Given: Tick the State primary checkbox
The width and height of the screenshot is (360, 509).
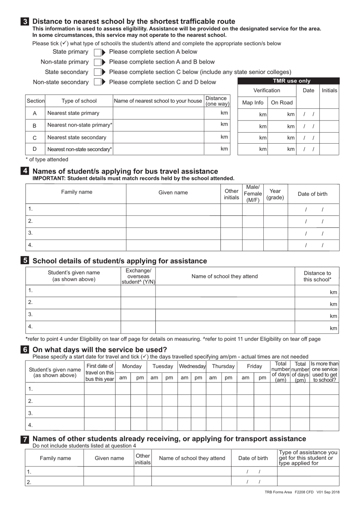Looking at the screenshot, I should tap(97, 52).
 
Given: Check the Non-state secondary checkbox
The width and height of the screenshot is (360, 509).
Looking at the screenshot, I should tap(97, 82).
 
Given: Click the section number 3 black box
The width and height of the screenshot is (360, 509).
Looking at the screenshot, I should tap(25, 22).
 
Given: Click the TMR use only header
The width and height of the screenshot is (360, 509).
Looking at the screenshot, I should tap(288, 81).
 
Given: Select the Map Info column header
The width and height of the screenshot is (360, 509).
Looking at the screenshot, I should tap(252, 103).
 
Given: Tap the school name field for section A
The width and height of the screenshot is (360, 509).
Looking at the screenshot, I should tap(158, 113).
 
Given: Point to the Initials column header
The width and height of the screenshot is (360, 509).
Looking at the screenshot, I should tap(329, 91).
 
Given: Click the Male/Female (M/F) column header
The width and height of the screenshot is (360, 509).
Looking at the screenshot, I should tap(253, 194).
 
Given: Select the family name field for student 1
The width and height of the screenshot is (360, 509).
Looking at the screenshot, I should tap(76, 209).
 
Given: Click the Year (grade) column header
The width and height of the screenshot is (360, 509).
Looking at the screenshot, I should tap(275, 194).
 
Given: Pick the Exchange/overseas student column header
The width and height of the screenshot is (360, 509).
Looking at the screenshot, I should tap(138, 276).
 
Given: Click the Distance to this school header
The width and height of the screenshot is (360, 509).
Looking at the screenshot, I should tap(317, 276).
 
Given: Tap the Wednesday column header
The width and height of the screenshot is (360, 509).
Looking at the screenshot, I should tap(192, 366).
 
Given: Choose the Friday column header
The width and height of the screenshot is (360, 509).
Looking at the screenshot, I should tap(254, 366).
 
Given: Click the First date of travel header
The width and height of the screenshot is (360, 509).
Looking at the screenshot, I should tap(100, 372).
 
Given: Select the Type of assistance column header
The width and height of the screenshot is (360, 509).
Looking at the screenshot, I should tap(308, 458).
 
